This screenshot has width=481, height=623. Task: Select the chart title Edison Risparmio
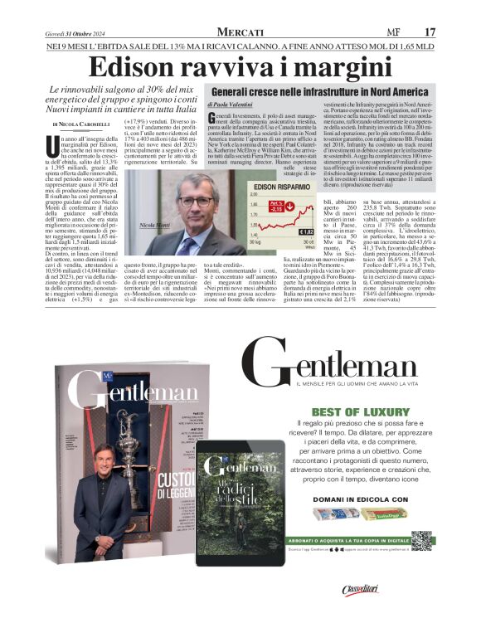point(289,188)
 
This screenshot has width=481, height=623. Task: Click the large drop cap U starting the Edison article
point(55,140)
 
